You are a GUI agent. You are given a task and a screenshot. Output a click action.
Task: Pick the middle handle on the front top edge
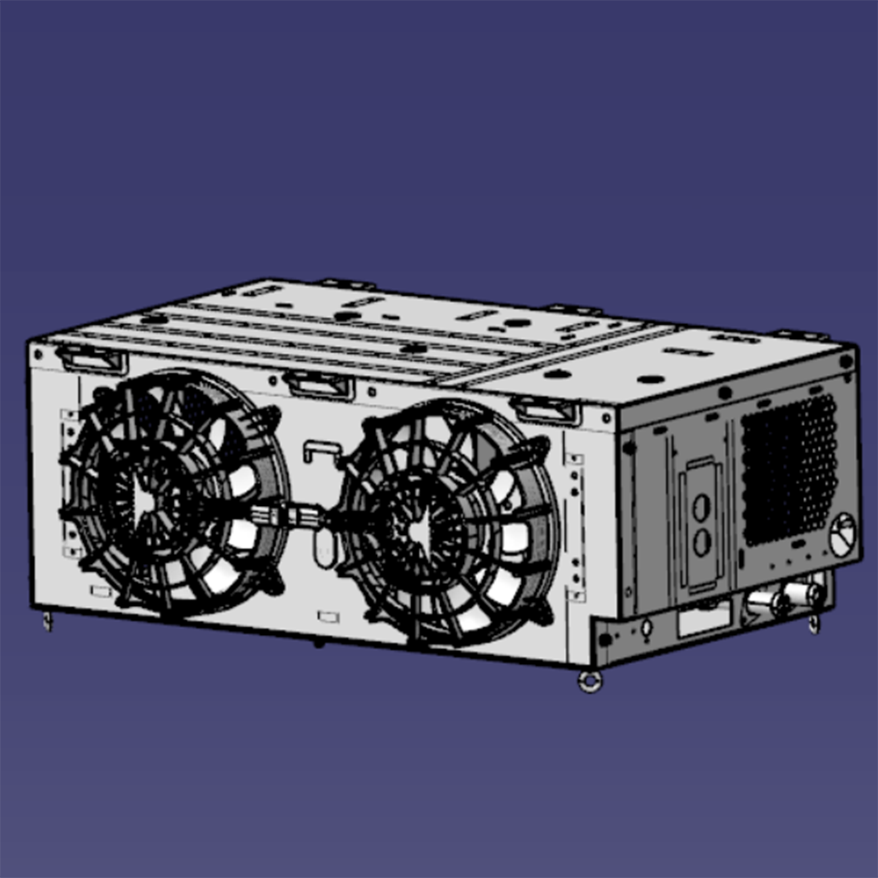320,384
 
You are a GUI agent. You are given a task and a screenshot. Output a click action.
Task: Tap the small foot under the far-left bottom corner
47,621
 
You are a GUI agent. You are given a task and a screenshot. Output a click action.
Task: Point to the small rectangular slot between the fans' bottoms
328,617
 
